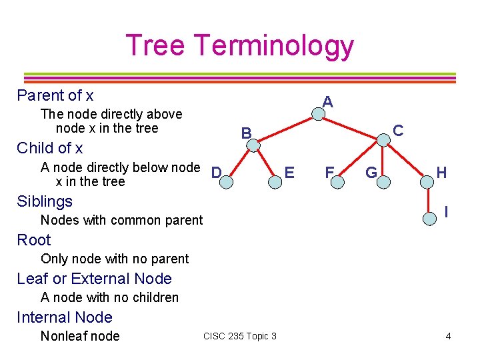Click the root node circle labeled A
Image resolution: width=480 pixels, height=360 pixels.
(x=319, y=115)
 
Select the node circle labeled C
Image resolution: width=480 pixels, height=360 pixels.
(x=383, y=140)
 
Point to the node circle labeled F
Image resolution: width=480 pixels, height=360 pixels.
(x=339, y=179)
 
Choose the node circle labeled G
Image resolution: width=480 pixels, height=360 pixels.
(x=384, y=179)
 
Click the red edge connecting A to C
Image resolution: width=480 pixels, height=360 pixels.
(x=351, y=127)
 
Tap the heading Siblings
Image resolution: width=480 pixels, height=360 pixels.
(x=45, y=201)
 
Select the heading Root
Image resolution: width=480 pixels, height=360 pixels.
(x=34, y=240)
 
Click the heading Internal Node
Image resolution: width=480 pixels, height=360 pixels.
(x=65, y=317)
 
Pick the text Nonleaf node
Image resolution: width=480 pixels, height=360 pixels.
(x=80, y=336)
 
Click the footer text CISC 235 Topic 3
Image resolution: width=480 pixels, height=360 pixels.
(x=240, y=336)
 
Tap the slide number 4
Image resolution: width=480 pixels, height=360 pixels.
(x=448, y=336)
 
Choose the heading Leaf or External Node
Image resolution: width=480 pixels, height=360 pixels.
(x=94, y=279)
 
